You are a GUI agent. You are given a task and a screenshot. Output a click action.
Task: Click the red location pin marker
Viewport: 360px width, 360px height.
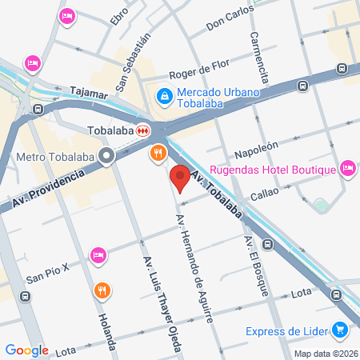tap(180, 178)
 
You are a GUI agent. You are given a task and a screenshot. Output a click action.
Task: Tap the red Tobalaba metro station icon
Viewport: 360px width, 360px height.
tap(142, 130)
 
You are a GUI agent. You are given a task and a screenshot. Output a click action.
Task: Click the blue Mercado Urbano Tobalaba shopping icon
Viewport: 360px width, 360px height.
tap(164, 96)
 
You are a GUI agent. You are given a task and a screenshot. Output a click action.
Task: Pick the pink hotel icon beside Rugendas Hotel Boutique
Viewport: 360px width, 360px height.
tap(347, 168)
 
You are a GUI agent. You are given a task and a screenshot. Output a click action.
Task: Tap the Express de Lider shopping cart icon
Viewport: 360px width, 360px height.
tap(341, 329)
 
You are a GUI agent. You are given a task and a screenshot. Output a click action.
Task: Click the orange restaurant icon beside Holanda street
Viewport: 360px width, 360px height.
tap(101, 290)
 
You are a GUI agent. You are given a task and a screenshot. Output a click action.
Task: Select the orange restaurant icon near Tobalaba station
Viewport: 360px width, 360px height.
tap(158, 152)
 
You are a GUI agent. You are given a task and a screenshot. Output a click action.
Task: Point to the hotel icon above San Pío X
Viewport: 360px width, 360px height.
tap(98, 254)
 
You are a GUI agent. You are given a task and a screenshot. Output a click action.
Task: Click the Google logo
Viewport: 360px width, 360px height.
tap(26, 350)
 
